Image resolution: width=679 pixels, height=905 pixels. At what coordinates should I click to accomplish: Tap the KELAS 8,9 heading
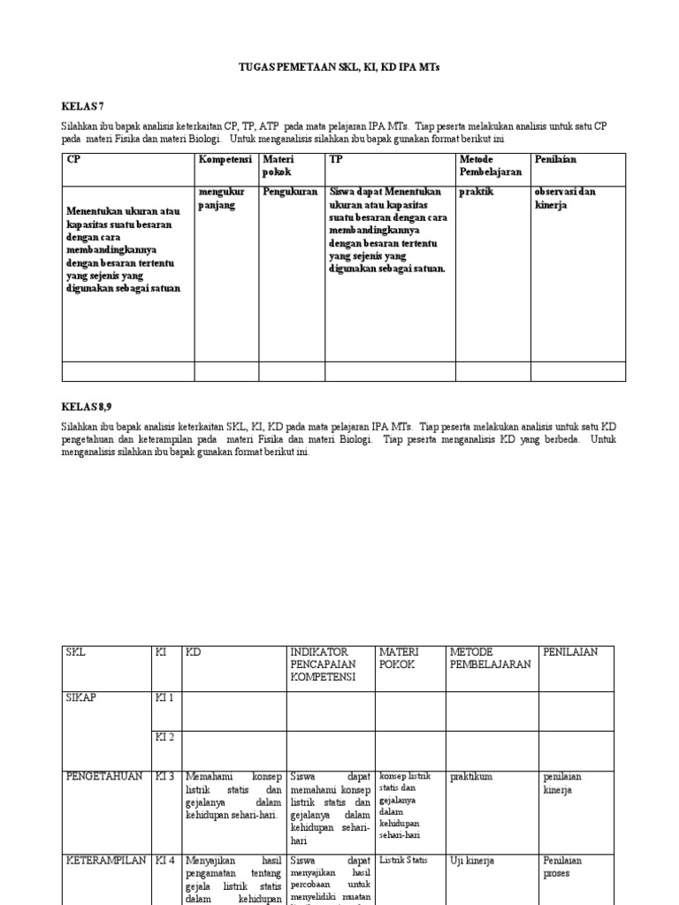click(x=87, y=405)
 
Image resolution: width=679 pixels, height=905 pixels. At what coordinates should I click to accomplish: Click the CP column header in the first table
click(x=73, y=159)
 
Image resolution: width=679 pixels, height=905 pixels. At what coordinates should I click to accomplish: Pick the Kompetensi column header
click(x=225, y=159)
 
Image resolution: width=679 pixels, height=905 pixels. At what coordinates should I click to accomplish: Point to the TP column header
click(x=336, y=159)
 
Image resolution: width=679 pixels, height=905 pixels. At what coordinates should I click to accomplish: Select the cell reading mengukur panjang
click(x=217, y=198)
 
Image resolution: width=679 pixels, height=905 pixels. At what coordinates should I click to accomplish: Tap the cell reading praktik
click(x=477, y=191)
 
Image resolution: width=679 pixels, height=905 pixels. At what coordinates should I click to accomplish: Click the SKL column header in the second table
click(x=77, y=652)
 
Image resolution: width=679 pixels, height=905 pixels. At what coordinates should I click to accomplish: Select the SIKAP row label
click(x=82, y=697)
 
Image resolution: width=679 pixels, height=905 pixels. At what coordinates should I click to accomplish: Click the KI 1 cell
click(x=165, y=697)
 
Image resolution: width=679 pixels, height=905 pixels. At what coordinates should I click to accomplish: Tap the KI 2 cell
click(x=165, y=737)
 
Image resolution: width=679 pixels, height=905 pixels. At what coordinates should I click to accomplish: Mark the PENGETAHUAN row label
click(x=103, y=776)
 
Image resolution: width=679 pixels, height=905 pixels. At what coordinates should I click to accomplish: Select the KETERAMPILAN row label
click(x=105, y=860)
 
